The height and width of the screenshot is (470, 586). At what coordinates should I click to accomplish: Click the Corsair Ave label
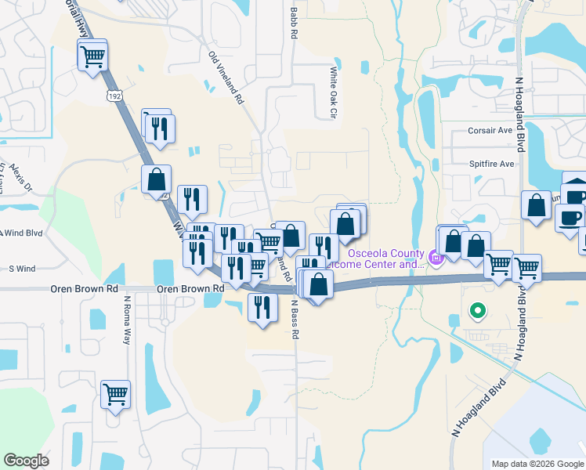(x=490, y=131)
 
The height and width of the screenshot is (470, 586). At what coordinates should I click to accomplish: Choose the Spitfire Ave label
(x=491, y=164)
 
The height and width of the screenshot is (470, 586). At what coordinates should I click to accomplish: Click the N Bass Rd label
(x=295, y=318)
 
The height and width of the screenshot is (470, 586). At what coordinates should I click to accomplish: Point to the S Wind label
(x=22, y=269)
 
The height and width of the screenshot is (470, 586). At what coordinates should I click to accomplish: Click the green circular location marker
(x=477, y=312)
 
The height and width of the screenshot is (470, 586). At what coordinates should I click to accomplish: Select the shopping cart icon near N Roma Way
(x=116, y=394)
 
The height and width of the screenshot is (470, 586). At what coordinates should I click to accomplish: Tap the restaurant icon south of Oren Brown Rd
(x=260, y=306)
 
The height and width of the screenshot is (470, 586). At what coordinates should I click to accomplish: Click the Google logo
(x=27, y=460)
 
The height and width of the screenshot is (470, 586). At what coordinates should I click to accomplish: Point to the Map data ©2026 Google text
(x=537, y=464)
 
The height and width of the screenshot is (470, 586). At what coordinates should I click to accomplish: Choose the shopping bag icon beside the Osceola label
(x=346, y=224)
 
